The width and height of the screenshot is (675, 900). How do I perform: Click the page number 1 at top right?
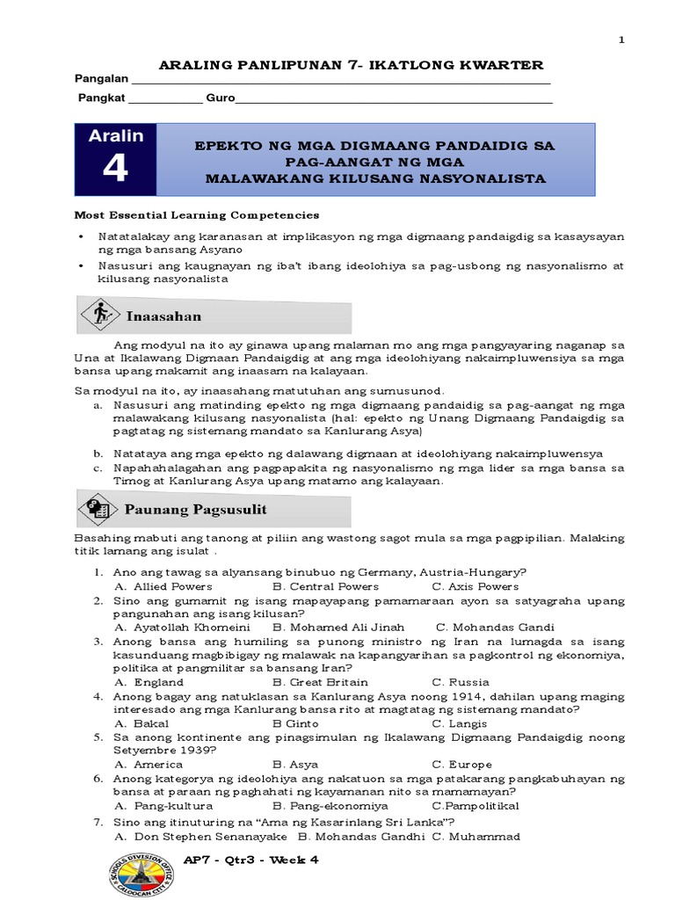point(622,40)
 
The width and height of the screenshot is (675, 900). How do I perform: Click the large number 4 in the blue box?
point(115,168)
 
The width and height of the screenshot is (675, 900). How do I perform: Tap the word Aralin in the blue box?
point(115,135)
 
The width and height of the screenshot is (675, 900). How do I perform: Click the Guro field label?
point(220,98)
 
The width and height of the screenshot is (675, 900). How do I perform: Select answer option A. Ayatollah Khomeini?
point(182,628)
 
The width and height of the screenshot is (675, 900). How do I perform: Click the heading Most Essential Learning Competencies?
point(196,214)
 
